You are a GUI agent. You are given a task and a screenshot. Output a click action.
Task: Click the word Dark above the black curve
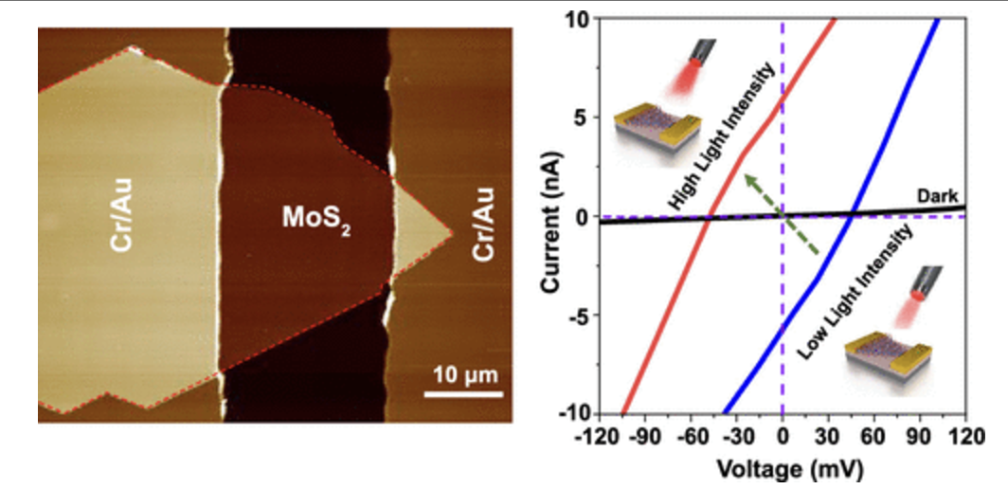tap(933, 196)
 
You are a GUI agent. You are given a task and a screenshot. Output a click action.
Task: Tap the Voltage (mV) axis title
tap(782, 466)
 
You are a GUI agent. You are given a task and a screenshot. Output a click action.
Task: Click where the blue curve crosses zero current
tap(852, 216)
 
